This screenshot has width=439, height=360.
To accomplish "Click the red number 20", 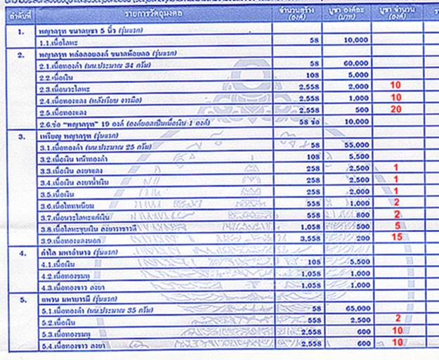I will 397,110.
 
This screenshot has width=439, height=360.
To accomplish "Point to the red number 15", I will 397,238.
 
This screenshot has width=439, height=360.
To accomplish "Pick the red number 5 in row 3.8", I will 397,226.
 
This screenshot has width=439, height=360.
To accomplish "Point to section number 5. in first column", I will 22,297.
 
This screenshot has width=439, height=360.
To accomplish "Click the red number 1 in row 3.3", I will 397,167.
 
